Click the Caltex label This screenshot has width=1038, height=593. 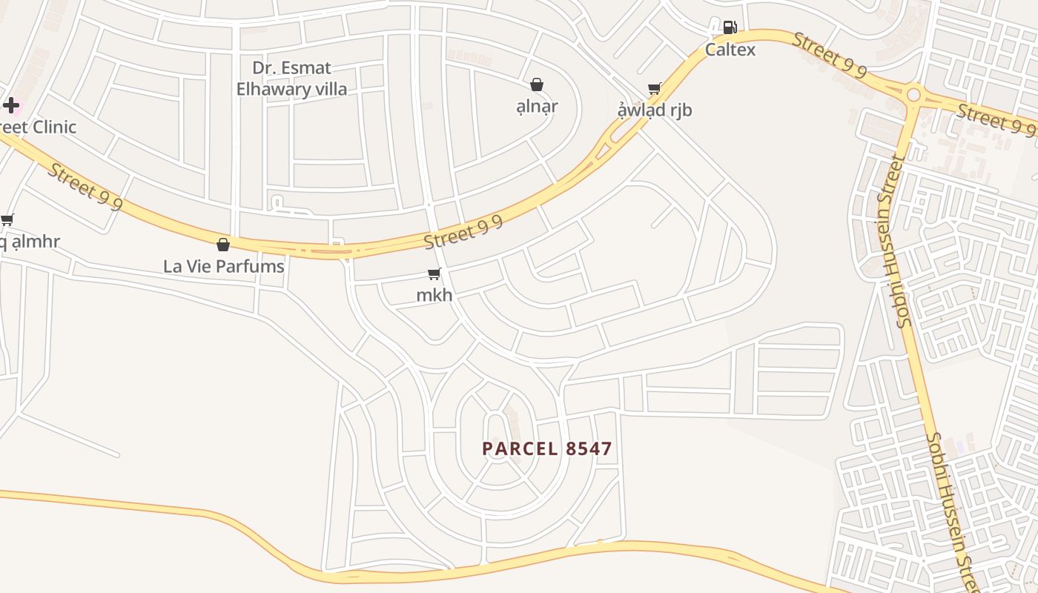coord(730,50)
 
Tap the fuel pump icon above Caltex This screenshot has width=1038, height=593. coord(730,28)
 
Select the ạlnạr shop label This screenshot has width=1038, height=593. coord(537,106)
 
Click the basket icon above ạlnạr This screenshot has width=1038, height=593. coord(537,85)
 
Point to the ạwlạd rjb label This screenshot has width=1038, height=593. coord(655,110)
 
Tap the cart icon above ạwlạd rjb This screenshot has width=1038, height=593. coord(654,89)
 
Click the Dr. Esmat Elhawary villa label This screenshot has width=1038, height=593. coord(291,79)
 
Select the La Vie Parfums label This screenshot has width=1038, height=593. coord(223,266)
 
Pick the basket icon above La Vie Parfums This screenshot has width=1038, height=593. coord(222,245)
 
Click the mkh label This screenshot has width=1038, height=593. coord(434,295)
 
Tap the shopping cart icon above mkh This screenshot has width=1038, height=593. coord(434,274)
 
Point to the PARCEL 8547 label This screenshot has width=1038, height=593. coord(547,448)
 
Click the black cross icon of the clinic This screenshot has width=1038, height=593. coord(11,105)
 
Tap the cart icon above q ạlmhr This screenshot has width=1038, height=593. coord(7,219)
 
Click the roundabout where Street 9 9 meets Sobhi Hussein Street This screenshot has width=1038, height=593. coord(913,94)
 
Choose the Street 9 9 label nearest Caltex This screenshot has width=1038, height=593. coord(829,55)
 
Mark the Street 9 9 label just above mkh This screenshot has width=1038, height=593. coord(463,233)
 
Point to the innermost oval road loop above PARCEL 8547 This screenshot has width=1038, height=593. coord(497,434)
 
